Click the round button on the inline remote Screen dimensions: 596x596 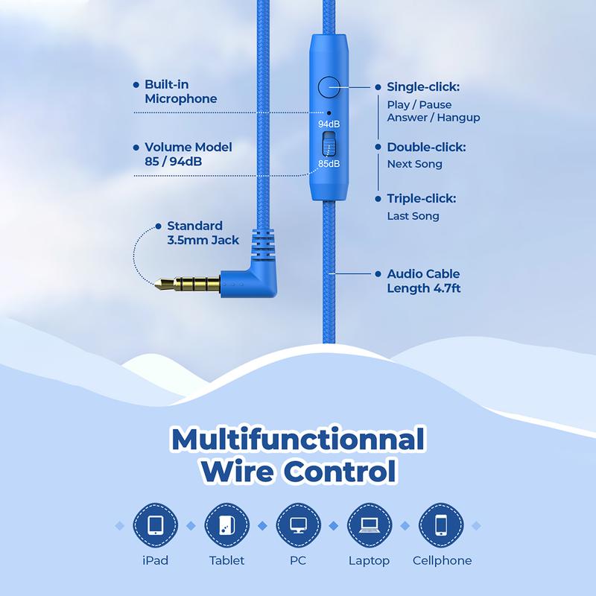click(329, 87)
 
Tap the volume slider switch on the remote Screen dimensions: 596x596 click(329, 144)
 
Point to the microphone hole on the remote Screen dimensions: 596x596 click(329, 112)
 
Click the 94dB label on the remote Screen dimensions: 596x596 click(329, 124)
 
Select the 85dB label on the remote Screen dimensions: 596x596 click(329, 164)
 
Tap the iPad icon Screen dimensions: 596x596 click(156, 525)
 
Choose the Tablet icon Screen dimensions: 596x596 click(227, 525)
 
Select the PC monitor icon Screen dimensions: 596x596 click(299, 525)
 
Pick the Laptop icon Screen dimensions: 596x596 click(370, 525)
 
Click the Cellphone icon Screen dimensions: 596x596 click(441, 525)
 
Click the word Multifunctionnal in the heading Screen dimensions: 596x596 click(298, 440)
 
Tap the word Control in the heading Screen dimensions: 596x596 click(340, 472)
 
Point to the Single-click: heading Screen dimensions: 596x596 click(423, 87)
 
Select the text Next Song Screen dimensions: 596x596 click(415, 164)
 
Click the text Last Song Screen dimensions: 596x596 click(413, 216)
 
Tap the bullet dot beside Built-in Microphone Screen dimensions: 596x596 click(136, 85)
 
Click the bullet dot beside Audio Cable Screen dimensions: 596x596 click(378, 273)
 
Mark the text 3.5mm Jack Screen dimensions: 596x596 click(203, 240)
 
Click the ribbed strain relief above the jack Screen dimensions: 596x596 click(263, 244)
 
